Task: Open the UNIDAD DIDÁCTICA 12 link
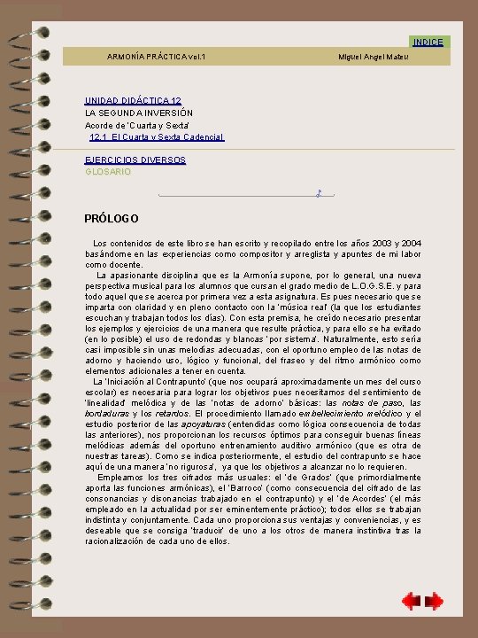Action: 133,101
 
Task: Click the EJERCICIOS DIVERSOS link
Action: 135,160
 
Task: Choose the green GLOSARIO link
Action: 107,172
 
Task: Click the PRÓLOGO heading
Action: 111,219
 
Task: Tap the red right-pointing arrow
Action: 434,602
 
